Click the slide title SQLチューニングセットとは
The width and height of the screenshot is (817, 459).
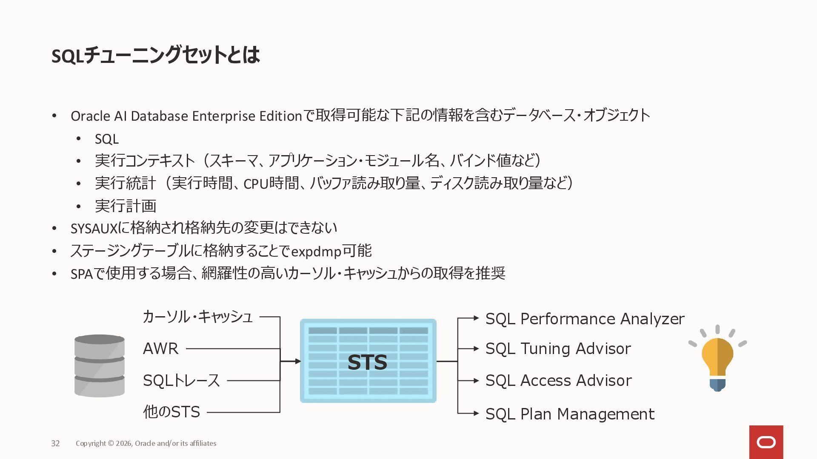(155, 55)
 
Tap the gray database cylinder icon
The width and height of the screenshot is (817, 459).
(100, 366)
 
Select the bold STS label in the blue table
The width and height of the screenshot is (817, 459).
(367, 362)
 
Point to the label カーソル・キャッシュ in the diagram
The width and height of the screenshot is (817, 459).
(197, 317)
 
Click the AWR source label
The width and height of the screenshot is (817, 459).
(160, 348)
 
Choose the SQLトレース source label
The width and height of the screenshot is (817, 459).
(181, 380)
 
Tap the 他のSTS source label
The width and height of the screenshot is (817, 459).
(171, 412)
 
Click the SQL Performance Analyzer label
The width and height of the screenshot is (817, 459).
(585, 319)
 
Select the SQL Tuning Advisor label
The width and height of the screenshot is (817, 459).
(558, 348)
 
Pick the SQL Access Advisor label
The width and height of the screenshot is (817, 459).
(558, 380)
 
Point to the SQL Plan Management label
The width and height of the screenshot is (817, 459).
(570, 414)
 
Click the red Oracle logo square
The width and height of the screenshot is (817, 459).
(766, 442)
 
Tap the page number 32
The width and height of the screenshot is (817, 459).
(55, 443)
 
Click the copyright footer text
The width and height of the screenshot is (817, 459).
(146, 443)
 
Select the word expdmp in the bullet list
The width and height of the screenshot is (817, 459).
(316, 252)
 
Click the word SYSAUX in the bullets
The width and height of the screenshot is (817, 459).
(94, 229)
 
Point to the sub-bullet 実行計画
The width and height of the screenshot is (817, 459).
(126, 206)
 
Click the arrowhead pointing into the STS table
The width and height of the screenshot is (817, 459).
(298, 361)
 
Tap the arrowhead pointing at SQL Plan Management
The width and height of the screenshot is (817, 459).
(476, 413)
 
